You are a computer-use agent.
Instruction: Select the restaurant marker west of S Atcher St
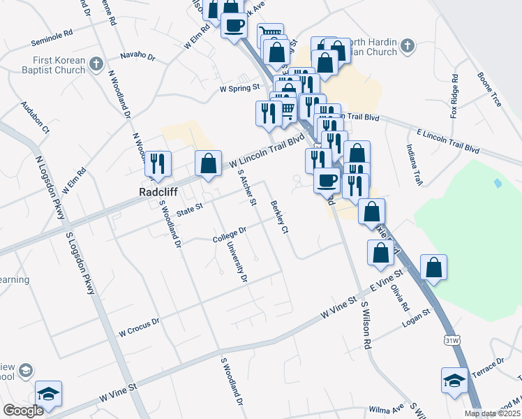158,163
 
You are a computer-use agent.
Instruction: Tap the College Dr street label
230,235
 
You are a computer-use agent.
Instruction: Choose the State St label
189,208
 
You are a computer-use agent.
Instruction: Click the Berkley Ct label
279,218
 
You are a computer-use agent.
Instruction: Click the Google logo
23,411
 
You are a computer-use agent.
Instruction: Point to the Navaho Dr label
136,54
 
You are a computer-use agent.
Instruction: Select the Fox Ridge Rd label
454,96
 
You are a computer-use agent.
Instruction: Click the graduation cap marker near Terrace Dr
454,381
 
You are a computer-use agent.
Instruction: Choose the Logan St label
418,319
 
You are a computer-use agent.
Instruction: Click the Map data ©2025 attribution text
493,413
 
